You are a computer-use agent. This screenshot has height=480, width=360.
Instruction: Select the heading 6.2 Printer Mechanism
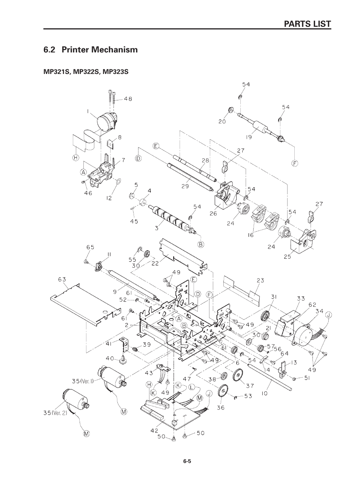(x=91, y=49)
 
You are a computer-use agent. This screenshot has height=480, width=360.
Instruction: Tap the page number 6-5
(x=188, y=461)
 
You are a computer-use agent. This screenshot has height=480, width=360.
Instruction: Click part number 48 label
(x=128, y=99)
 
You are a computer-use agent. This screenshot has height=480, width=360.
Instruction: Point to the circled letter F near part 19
(x=295, y=163)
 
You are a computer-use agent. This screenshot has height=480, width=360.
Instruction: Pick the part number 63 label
(x=62, y=280)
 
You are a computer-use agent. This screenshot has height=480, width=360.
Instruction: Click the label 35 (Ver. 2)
(x=55, y=412)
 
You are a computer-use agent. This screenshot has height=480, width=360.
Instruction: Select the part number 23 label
(x=260, y=280)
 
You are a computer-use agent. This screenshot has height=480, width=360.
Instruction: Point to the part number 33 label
(x=300, y=298)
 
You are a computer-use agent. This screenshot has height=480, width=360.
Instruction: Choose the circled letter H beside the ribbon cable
(x=75, y=158)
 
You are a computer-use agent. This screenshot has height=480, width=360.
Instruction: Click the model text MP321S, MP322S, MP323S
(x=86, y=71)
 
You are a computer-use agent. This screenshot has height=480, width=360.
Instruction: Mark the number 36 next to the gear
(x=220, y=407)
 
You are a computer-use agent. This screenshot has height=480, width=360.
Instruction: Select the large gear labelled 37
(x=238, y=375)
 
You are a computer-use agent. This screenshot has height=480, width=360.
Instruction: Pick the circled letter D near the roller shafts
(x=138, y=158)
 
